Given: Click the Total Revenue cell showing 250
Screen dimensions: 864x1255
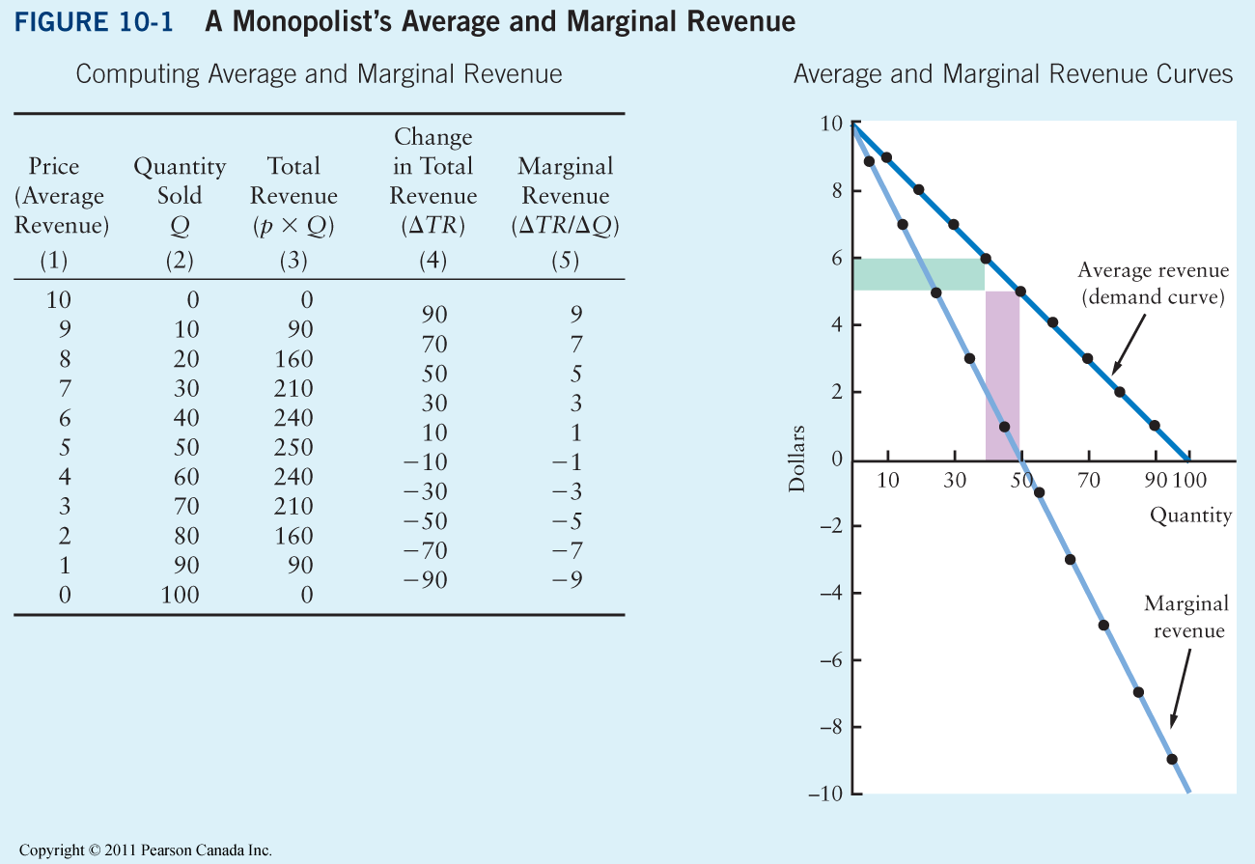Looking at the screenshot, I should pos(293,448).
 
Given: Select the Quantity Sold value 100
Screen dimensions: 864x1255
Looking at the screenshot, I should pos(180,596).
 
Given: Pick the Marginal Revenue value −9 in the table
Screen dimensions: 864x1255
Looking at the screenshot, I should pos(566,581).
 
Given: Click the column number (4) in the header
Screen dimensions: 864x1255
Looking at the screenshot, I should pos(433,261).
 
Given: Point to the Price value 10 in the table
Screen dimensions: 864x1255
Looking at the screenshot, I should pos(59,300).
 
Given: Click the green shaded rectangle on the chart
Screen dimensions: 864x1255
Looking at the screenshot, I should pos(917,274).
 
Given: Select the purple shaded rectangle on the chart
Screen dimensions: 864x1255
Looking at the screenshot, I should pos(1002,376).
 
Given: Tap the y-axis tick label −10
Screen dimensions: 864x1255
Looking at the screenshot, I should pos(829,794).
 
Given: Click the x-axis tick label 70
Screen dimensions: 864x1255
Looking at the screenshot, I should pos(1089,480).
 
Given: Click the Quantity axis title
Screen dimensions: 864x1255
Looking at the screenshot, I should pos(1190,516).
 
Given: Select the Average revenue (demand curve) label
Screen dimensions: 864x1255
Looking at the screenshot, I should pos(1153,284).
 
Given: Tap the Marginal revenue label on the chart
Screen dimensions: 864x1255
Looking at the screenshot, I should pos(1185,617).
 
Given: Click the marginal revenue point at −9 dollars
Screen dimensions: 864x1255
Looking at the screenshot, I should pos(1172,759).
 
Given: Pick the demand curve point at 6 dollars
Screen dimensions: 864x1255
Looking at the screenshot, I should pos(986,259).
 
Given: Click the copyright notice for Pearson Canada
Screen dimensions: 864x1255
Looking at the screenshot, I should pos(146,850).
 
